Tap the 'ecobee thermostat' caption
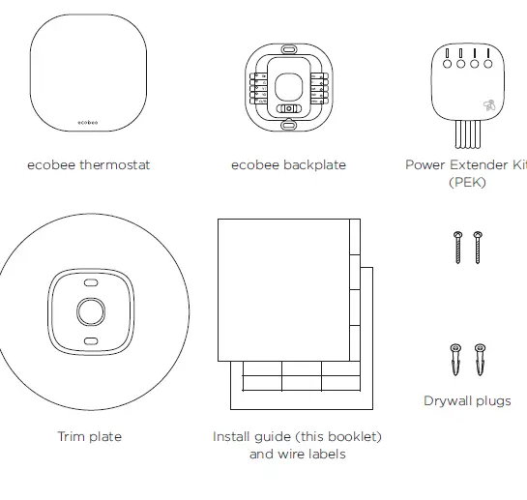coord(89,165)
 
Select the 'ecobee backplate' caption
coord(288,165)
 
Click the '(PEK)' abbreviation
coord(468,182)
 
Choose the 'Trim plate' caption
coord(89,437)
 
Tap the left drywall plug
coord(455,359)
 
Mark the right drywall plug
coord(479,359)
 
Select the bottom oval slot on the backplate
coord(288,125)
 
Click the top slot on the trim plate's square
coord(90,284)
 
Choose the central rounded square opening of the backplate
coord(288,87)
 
